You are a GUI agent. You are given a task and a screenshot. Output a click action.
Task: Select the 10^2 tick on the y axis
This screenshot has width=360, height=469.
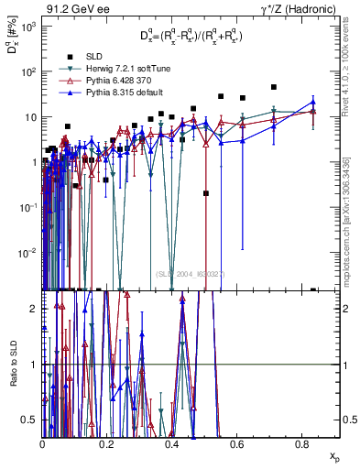coord(29,71)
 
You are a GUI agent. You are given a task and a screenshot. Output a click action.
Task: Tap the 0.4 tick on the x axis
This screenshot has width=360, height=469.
coord(172,444)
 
